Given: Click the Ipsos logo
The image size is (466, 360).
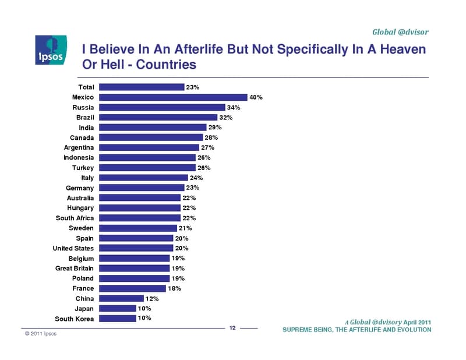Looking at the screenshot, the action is pos(51,50).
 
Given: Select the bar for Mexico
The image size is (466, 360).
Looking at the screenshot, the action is pos(173,97).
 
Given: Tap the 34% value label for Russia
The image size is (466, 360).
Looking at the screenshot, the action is pos(234,107).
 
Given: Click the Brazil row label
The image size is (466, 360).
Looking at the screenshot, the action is pos(85,118).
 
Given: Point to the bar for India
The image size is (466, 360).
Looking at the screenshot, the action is pos(153,128).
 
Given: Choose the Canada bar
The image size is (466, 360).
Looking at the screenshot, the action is pos(151,137).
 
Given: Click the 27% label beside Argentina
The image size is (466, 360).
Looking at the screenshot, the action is pos(208,147).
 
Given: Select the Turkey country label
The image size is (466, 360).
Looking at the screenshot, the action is pos(83,168).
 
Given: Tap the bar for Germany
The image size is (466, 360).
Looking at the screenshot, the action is pos(142,188).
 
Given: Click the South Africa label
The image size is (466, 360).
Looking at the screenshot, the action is pos(75,218).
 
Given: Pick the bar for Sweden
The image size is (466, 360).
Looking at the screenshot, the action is pos(138,228).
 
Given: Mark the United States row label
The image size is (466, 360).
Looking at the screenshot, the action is pos(73,248).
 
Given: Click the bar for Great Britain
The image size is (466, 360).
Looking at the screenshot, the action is pos(135,268).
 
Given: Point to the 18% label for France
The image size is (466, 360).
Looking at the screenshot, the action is pos(174,288).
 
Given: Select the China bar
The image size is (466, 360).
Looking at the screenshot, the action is pos(122,298).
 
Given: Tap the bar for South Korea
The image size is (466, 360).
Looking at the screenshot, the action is pos(118,319).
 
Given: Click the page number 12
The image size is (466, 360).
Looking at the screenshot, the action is pos(232,328).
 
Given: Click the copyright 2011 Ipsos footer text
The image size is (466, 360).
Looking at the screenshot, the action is pos(41,334).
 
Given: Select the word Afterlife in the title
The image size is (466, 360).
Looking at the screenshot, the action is pos(199,49).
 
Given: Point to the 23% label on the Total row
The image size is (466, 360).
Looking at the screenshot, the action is pos(193,87).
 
